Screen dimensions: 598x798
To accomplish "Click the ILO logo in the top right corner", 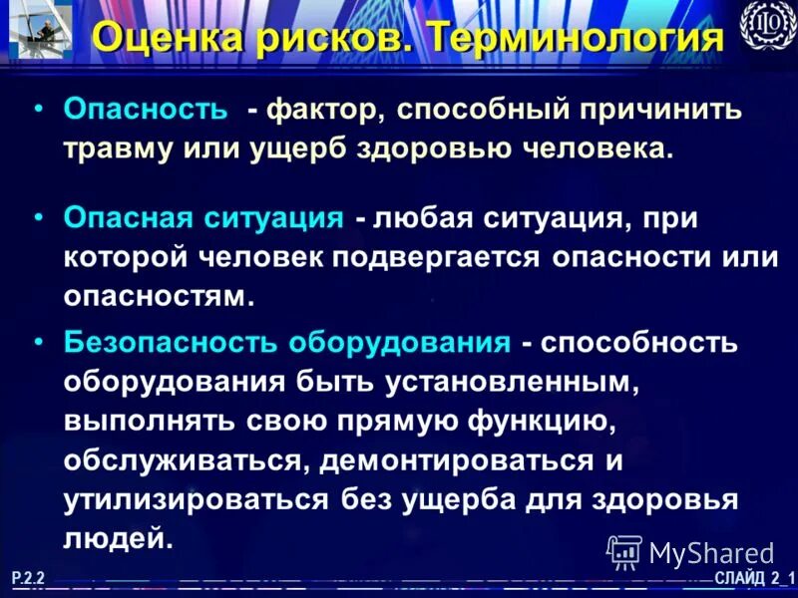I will point(766,24).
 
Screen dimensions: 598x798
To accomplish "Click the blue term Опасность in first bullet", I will point(146,109).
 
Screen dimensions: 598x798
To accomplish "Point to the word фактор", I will point(321,109).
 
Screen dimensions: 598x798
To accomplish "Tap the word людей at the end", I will point(113,539).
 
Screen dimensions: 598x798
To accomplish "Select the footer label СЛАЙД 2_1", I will point(754,579).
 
